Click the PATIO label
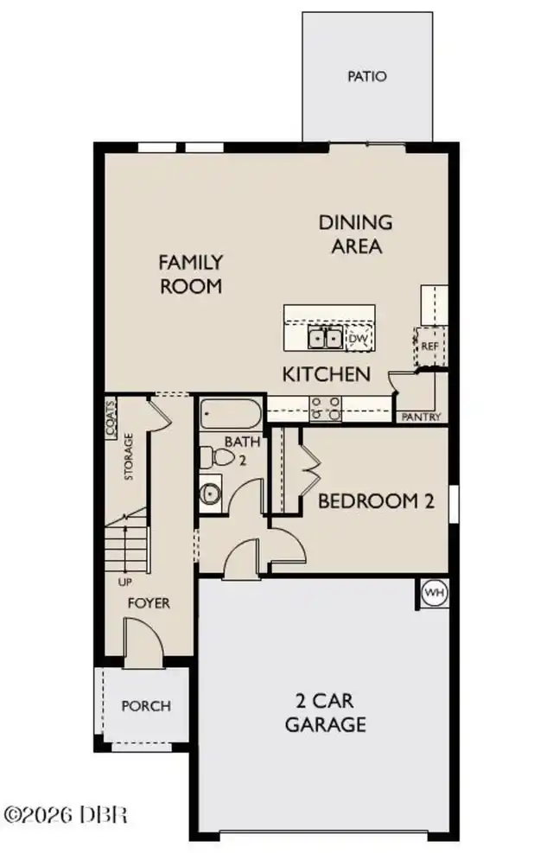coord(367,76)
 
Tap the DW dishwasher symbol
coord(359,339)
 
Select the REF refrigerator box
coord(430,346)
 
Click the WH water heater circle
coord(435,592)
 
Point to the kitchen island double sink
coord(325,338)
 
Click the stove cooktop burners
coord(326,409)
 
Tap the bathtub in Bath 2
coord(231,413)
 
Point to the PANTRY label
coord(421,417)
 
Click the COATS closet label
coord(111,419)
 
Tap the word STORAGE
coord(129,456)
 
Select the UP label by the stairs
coord(125,582)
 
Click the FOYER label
coord(149,602)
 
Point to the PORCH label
coord(146,706)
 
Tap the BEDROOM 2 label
coord(376,501)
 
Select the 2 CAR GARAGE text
coord(326,712)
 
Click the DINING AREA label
coord(356,234)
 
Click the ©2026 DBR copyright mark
coord(66,814)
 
